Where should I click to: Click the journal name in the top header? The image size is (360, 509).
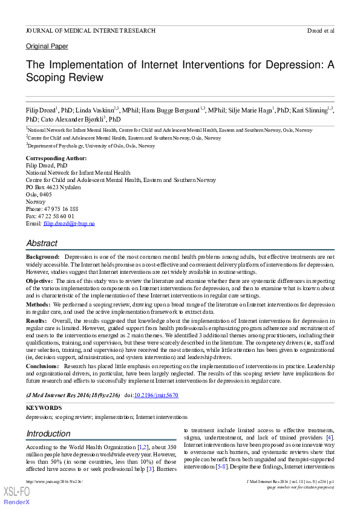click(90, 30)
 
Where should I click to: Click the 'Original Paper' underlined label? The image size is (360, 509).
click(47, 47)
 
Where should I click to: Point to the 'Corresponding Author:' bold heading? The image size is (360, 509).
click(56, 158)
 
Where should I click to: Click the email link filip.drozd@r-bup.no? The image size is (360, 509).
click(69, 224)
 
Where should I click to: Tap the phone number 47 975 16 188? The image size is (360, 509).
click(61, 209)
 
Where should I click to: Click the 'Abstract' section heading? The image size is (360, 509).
click(42, 243)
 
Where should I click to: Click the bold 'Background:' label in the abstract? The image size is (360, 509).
click(42, 258)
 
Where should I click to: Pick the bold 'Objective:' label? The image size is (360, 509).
click(40, 281)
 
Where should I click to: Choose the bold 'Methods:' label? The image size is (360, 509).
click(38, 305)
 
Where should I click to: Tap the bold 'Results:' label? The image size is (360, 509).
click(36, 321)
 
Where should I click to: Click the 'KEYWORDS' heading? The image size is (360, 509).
click(44, 408)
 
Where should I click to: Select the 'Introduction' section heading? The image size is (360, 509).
click(48, 433)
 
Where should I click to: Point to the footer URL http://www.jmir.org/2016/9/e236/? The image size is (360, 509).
click(54, 482)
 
